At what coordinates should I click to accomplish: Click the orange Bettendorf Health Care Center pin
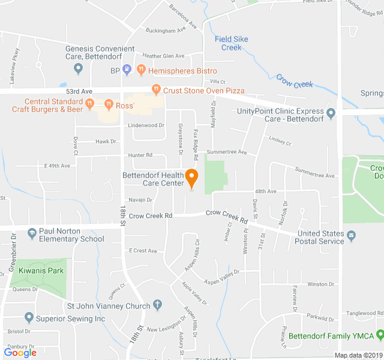click(192, 178)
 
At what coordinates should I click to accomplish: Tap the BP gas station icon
click(127, 71)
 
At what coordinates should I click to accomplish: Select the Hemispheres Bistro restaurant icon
click(142, 71)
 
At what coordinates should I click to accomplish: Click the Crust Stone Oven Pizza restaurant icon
click(156, 90)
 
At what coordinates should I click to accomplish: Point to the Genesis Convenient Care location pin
click(78, 67)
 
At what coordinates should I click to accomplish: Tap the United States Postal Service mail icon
click(350, 241)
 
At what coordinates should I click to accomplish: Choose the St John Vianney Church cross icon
click(157, 306)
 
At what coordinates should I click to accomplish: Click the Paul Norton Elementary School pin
click(28, 232)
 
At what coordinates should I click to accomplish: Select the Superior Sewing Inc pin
click(28, 318)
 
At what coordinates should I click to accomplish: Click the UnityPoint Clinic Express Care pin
click(330, 112)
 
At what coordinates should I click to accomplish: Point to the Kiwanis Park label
click(40, 271)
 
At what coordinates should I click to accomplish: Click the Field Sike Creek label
click(232, 43)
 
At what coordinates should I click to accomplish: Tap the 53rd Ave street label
click(79, 91)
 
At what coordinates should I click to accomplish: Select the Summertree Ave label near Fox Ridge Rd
click(226, 152)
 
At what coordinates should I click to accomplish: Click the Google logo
click(20, 352)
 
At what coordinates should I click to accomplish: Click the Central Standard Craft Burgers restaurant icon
click(89, 104)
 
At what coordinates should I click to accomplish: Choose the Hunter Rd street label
click(140, 155)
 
